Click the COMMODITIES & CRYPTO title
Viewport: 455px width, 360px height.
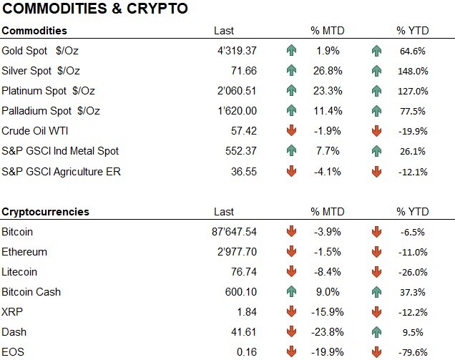[95, 9]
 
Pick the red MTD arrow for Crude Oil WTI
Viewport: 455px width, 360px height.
[290, 131]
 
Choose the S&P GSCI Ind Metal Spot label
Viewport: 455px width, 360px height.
[60, 151]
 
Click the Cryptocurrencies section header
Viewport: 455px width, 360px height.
[45, 212]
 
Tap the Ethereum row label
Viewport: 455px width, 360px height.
[24, 252]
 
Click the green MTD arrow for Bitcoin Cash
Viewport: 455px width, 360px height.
[290, 292]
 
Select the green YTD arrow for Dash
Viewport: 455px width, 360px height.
[376, 332]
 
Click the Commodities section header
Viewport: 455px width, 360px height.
[34, 31]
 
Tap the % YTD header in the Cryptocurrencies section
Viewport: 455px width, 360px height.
[411, 212]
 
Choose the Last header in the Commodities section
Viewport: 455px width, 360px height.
[224, 31]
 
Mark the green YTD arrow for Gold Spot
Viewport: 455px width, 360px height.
[376, 51]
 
